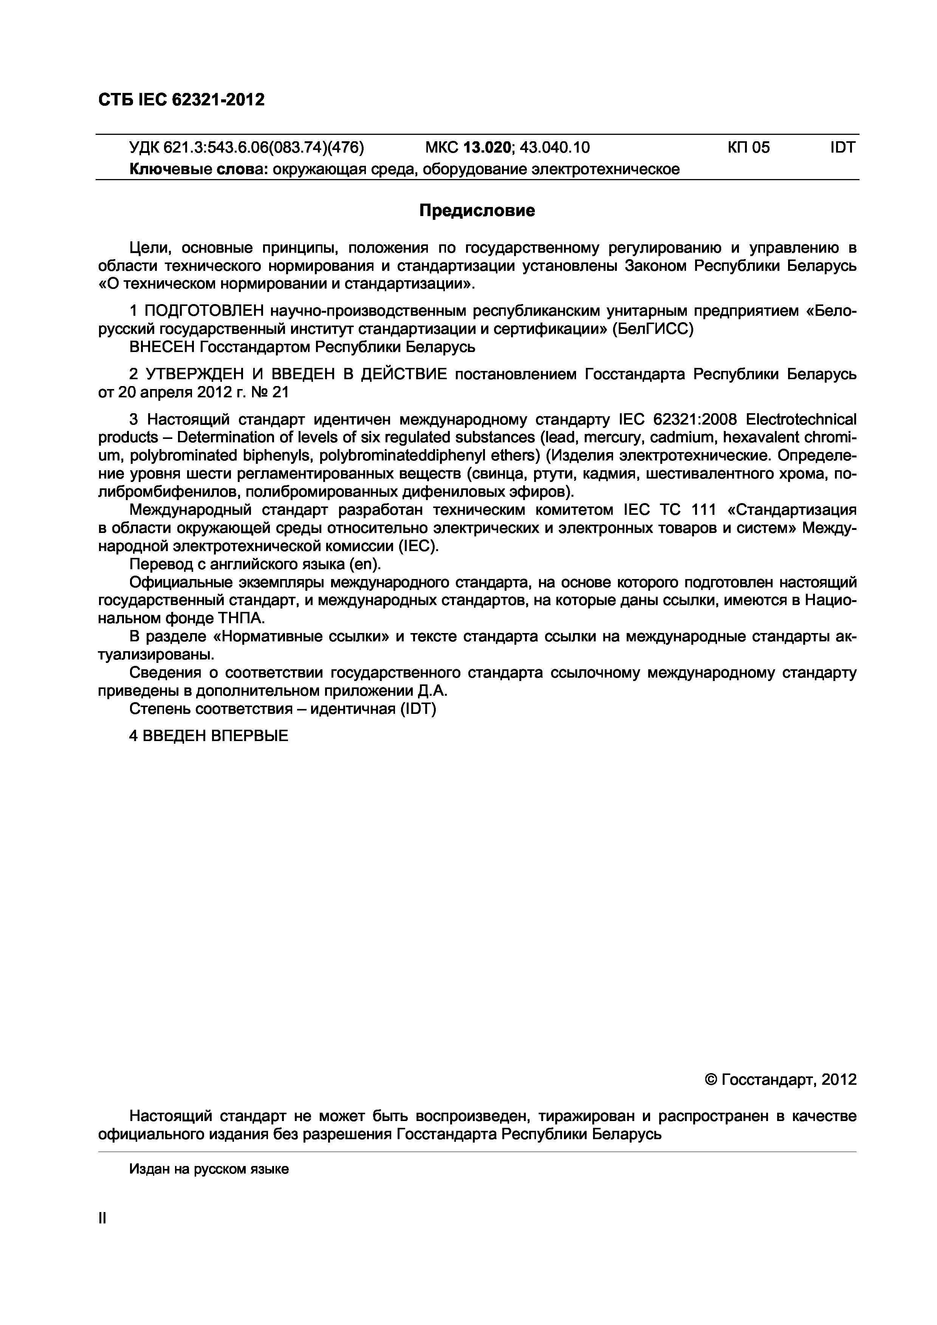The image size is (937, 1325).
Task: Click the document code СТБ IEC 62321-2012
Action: [181, 100]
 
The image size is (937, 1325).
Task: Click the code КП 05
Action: [748, 148]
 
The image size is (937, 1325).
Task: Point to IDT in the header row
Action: [843, 148]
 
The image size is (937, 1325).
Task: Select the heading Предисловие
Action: [477, 211]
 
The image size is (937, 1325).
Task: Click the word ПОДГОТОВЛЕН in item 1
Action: [204, 311]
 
